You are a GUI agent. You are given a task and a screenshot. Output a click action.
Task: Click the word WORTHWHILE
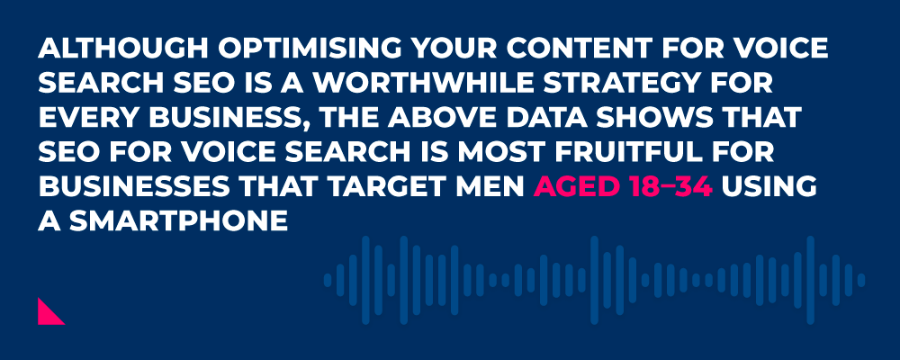[x=419, y=84]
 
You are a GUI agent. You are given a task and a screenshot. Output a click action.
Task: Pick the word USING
[x=769, y=187]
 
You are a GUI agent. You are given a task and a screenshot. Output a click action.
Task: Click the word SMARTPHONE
[x=178, y=221]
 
